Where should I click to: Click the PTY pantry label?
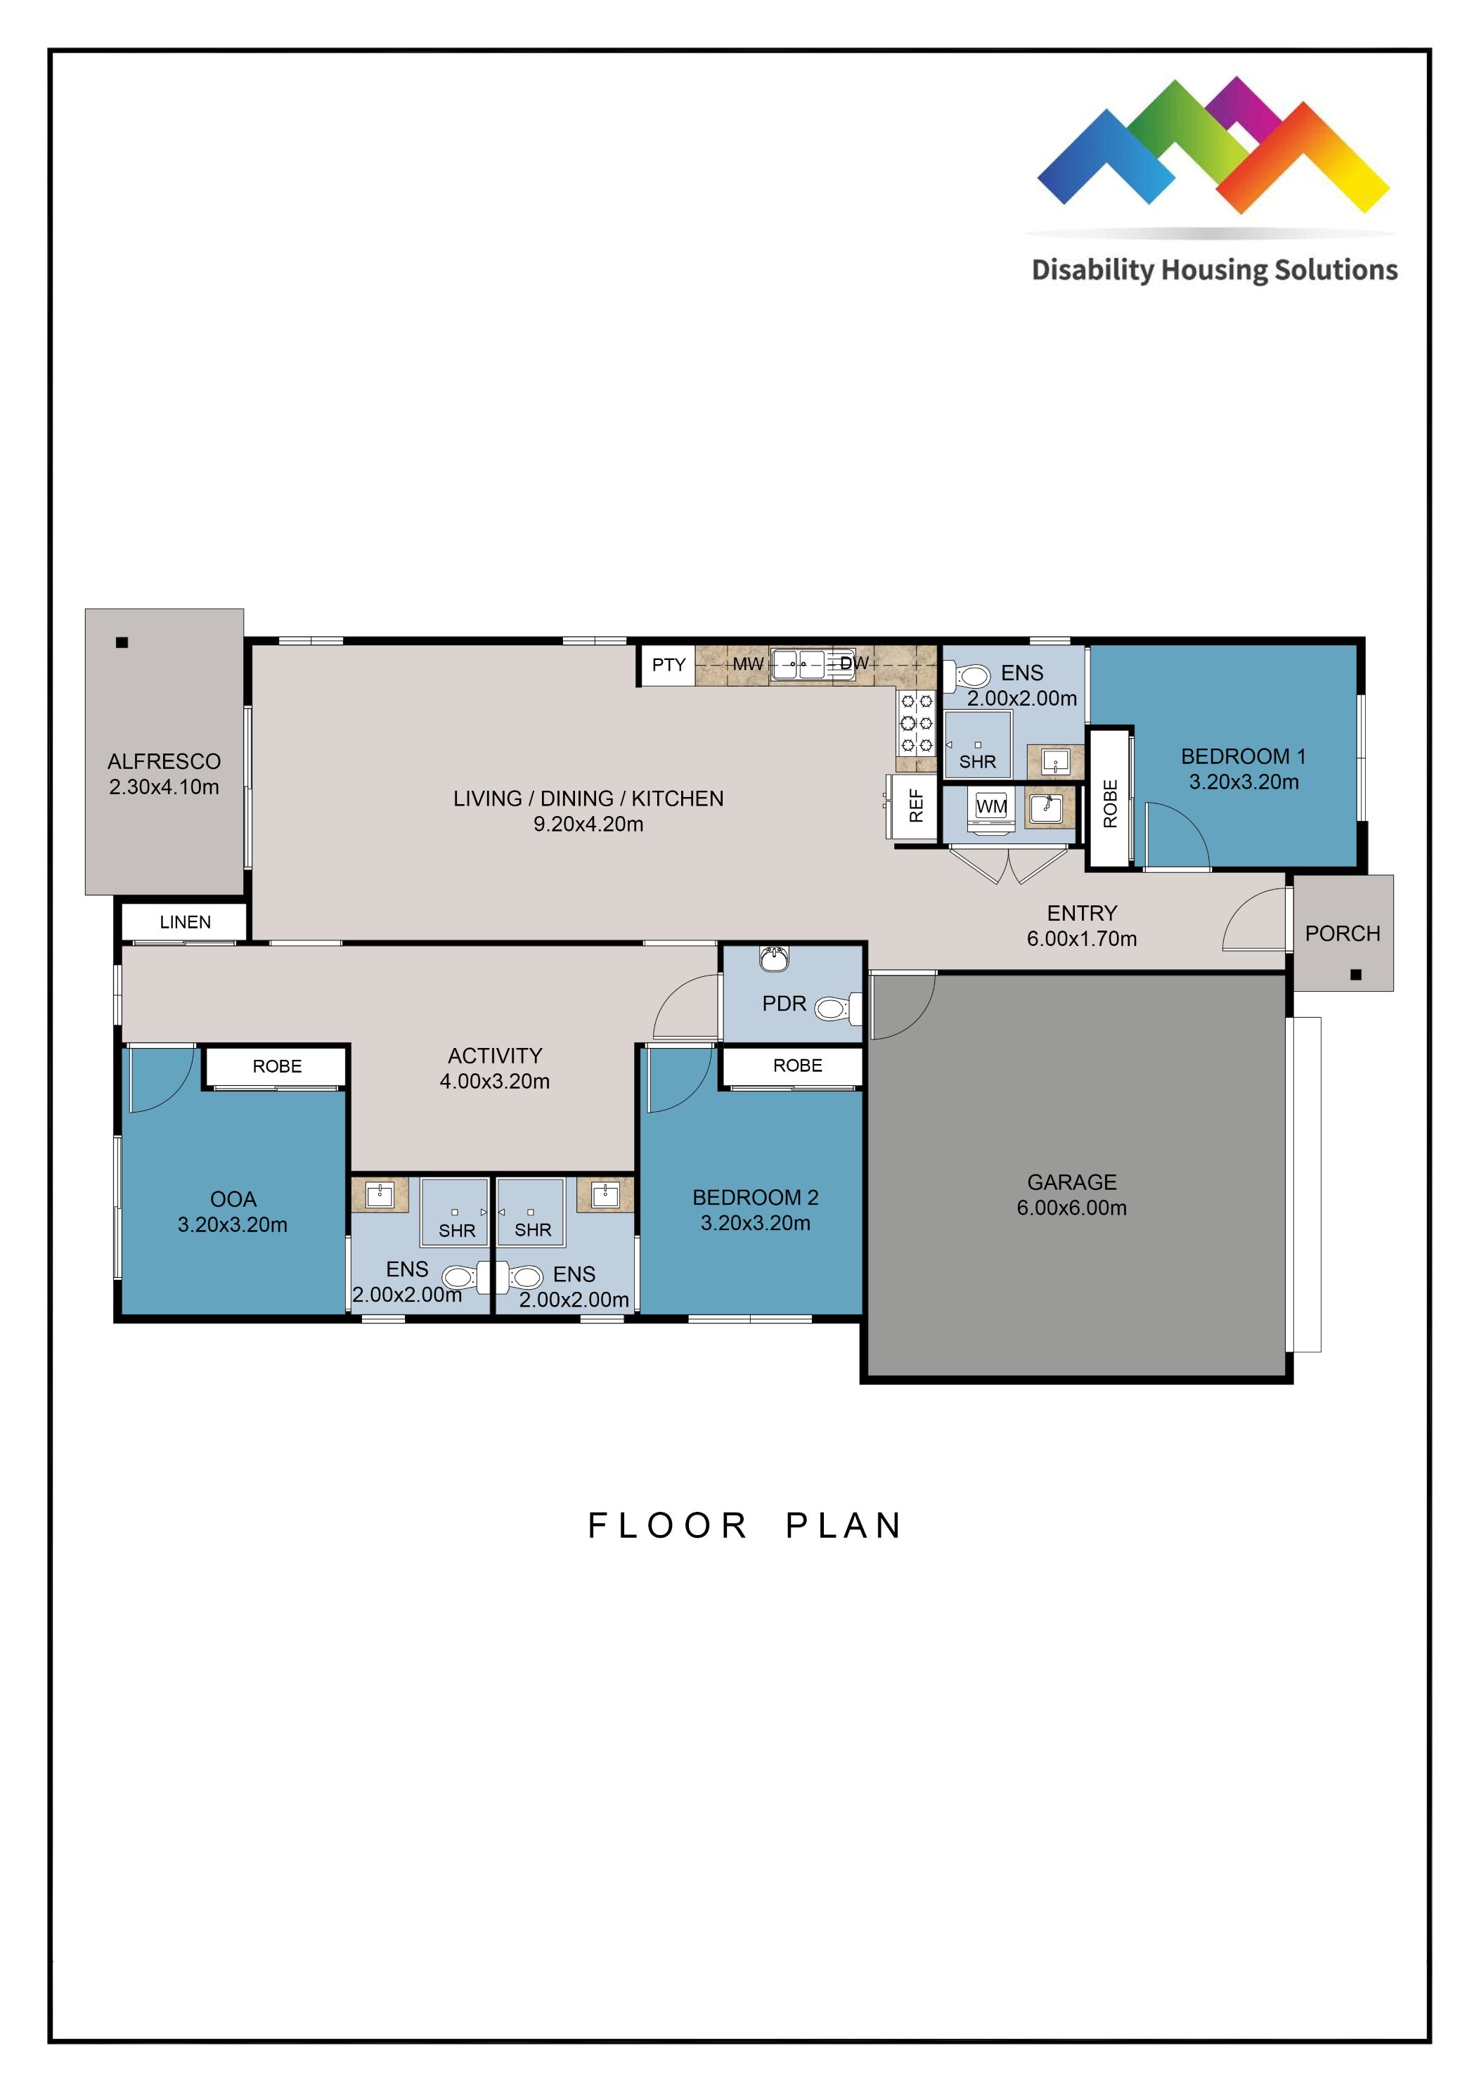[x=668, y=665]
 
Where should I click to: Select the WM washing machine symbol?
[x=991, y=807]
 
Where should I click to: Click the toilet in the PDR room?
[x=835, y=1008]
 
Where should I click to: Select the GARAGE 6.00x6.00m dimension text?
[x=1071, y=1208]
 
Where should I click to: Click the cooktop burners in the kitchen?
[x=916, y=723]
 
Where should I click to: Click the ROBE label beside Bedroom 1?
[x=1109, y=803]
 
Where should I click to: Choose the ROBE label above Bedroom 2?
[x=797, y=1066]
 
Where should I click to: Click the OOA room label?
[x=233, y=1199]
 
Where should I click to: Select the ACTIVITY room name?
[x=494, y=1056]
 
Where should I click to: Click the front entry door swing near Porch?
[x=1253, y=921]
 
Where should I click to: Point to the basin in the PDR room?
[x=774, y=958]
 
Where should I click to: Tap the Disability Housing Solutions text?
[x=1213, y=270]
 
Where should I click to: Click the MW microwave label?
[x=748, y=664]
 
